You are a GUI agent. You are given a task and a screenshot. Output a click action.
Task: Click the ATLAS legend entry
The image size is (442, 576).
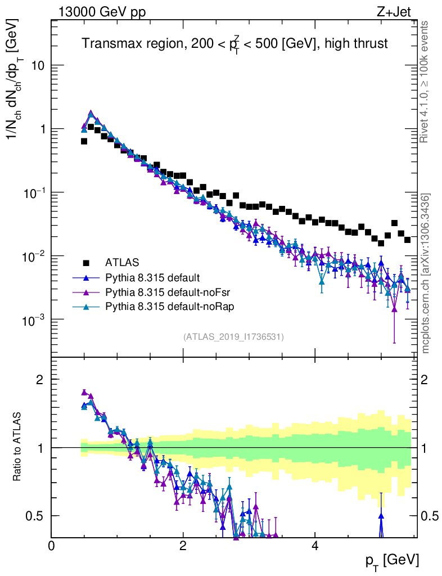pyautogui.click(x=122, y=263)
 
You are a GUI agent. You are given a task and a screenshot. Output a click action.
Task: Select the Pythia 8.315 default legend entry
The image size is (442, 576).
pyautogui.click(x=152, y=277)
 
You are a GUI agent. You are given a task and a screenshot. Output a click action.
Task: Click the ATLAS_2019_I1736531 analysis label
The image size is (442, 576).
pyautogui.click(x=233, y=337)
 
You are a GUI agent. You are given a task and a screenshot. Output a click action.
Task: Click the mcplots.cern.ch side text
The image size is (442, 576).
pyautogui.click(x=426, y=273)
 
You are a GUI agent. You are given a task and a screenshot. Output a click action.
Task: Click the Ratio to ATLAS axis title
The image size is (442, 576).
pyautogui.click(x=18, y=447)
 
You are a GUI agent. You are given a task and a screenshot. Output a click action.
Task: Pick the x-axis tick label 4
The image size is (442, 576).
pyautogui.click(x=315, y=546)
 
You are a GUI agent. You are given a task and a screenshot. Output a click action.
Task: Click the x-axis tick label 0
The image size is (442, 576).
pyautogui.click(x=52, y=546)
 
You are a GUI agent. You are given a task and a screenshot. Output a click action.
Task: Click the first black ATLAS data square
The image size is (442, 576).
pyautogui.click(x=84, y=141)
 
